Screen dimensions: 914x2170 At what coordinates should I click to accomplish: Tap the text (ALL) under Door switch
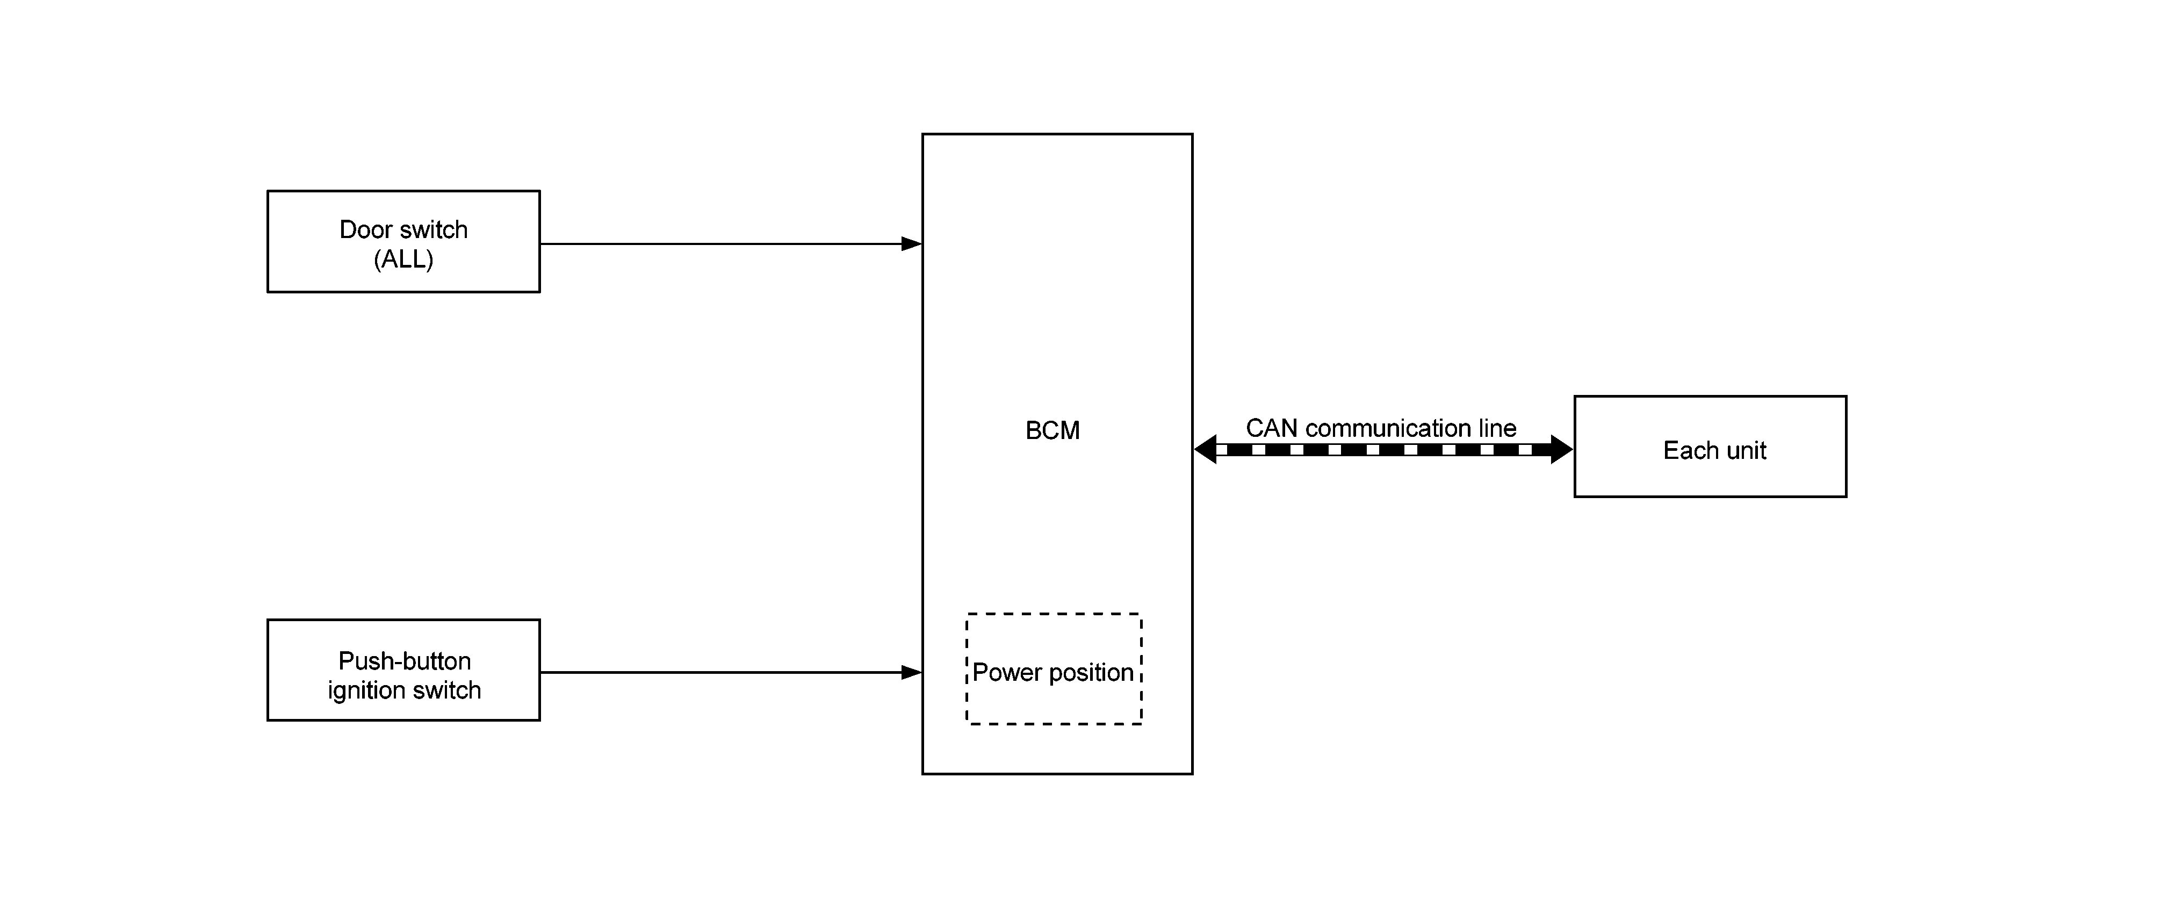click(403, 260)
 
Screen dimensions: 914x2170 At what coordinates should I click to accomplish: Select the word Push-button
click(405, 661)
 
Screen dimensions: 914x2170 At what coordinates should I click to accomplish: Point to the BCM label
click(1052, 430)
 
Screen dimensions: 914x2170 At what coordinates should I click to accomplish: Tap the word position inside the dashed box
click(1092, 672)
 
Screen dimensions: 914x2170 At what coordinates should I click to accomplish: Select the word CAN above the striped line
click(1272, 428)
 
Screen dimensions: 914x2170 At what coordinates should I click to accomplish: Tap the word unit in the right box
click(1744, 451)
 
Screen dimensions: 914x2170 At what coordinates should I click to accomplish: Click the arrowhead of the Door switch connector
click(912, 244)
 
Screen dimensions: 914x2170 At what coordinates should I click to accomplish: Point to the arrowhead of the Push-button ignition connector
click(912, 672)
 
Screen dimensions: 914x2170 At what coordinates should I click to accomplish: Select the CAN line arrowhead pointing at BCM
click(1206, 450)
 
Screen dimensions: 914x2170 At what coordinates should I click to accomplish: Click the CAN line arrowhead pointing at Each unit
click(1561, 450)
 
